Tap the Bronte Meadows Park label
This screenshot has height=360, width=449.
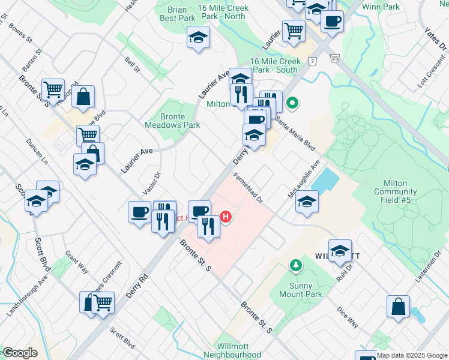point(172,121)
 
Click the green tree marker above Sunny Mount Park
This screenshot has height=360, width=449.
point(295,265)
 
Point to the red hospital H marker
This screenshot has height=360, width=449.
point(226,217)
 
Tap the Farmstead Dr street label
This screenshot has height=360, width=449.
point(248,189)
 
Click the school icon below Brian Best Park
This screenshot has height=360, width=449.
point(198,38)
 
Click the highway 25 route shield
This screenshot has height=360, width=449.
point(334,58)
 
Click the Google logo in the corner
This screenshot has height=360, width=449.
point(19,353)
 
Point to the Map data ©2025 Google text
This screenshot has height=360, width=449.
point(412,355)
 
